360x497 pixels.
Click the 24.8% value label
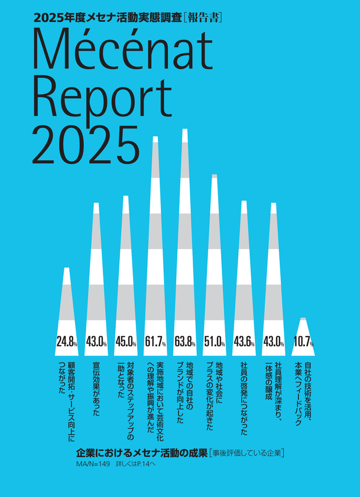point(66,342)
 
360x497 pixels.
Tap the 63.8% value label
point(185,342)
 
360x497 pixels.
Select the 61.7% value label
point(155,342)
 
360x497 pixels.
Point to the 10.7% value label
point(303,342)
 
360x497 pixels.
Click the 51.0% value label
point(215,342)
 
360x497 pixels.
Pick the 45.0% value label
point(126,342)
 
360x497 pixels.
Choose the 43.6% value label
point(244,342)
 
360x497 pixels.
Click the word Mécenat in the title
point(122,49)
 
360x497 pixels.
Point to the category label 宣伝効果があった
point(96,389)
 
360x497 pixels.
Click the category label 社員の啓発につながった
point(244,398)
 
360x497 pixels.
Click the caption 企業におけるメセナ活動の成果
point(141,453)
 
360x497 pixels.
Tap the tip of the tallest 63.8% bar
point(185,130)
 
